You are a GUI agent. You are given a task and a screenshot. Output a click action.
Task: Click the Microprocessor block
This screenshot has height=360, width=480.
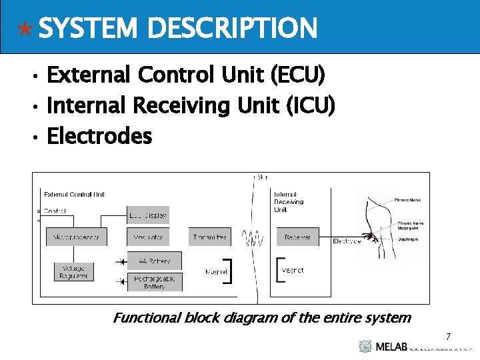(x=76, y=237)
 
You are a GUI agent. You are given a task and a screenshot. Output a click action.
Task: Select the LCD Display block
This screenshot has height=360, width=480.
(x=147, y=215)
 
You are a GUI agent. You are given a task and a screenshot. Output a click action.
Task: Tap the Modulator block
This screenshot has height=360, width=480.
(x=147, y=237)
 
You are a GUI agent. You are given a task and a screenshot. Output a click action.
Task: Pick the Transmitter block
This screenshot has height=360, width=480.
(x=209, y=237)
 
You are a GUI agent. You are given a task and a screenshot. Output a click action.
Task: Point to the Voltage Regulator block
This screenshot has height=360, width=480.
(x=73, y=271)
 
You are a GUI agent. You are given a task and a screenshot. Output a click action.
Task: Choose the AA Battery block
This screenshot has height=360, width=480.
(x=154, y=261)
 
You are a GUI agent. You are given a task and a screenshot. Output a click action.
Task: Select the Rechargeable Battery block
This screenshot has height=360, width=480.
(x=154, y=282)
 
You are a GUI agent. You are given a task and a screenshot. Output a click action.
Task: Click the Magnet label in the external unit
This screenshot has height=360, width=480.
(x=217, y=272)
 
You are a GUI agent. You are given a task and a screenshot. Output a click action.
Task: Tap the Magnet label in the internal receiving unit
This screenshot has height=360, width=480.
(x=293, y=271)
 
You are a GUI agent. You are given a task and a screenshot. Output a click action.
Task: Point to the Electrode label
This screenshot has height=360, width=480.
(x=347, y=241)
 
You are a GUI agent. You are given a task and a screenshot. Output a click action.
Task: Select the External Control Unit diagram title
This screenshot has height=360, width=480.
(x=74, y=195)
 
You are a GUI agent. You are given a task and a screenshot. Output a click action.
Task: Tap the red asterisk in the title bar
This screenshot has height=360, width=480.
(x=25, y=30)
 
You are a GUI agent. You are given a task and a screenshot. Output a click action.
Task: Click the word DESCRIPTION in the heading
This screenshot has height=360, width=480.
(x=231, y=28)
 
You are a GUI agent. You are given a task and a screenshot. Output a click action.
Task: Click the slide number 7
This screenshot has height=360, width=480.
(x=449, y=337)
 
